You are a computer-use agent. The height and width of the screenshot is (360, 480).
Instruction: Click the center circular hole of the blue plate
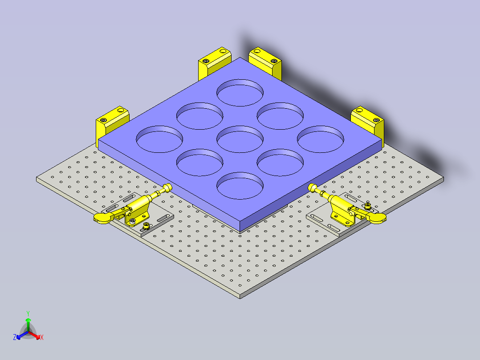coord(240,139)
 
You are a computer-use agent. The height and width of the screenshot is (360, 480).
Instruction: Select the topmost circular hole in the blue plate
coord(240,93)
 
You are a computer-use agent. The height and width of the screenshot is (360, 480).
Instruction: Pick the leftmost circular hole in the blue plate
coord(159,139)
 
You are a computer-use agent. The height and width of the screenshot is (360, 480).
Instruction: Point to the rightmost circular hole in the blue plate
coord(320,139)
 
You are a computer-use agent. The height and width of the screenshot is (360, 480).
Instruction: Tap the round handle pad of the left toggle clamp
coord(102,217)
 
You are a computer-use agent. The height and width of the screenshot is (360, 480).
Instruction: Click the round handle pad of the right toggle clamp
coord(378,217)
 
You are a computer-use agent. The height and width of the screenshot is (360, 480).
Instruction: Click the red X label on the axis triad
coord(42,337)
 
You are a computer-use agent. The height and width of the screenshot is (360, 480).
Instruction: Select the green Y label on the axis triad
coord(28,313)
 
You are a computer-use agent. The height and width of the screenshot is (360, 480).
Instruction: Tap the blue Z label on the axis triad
coord(15,337)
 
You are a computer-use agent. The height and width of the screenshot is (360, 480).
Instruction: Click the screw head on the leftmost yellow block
coord(104,120)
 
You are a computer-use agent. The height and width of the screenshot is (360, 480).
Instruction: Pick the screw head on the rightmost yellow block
coord(377,120)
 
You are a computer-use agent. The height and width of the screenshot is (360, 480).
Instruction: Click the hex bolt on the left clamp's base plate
coord(146,225)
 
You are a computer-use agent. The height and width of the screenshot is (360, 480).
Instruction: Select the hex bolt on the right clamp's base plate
coord(368,205)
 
